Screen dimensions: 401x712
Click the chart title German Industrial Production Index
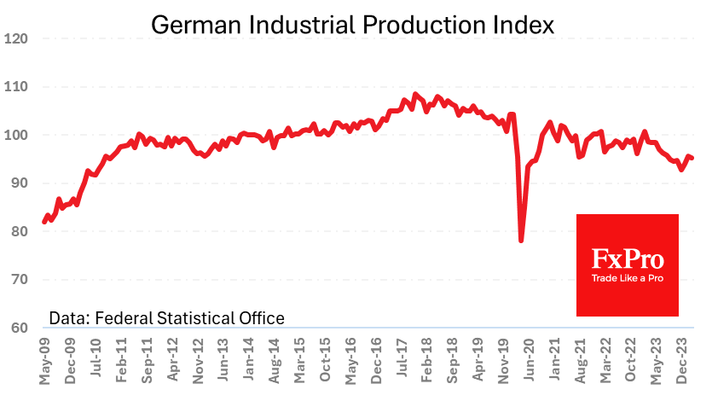352,25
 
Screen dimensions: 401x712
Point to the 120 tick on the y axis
16,39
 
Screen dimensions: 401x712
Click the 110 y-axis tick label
16,87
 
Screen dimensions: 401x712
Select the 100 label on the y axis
16,136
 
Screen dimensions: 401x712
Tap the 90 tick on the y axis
20,183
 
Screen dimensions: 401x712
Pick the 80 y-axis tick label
20,232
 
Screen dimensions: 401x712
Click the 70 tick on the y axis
20,280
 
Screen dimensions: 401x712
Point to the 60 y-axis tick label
20,328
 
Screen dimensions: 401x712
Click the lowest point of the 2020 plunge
521,241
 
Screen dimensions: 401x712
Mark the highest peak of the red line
415,94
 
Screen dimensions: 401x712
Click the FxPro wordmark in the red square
628,259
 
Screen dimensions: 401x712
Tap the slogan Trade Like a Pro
628,278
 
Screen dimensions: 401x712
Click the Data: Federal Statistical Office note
166,318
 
